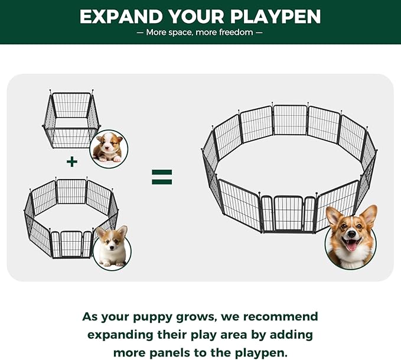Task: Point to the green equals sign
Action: pos(162,176)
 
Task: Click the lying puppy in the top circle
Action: pos(109,148)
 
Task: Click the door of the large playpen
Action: pos(289,213)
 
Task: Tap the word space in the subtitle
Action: pos(180,33)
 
